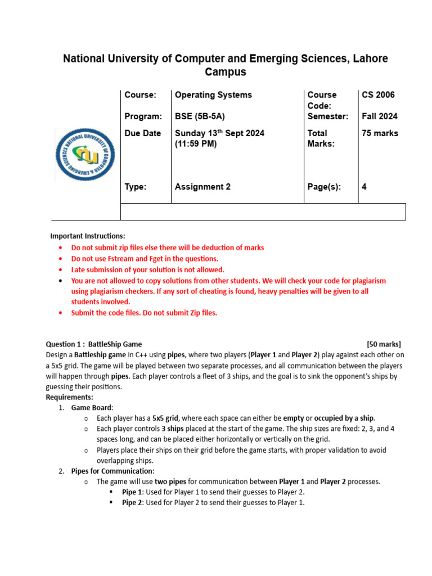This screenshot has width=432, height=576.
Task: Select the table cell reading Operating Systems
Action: pos(213,95)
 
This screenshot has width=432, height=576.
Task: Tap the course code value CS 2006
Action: pos(379,95)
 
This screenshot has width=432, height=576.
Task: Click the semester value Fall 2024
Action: pos(380,116)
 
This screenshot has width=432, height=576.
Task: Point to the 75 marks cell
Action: pos(380,133)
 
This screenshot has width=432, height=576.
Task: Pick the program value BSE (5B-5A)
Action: pos(200,116)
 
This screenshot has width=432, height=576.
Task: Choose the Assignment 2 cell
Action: pos(202,187)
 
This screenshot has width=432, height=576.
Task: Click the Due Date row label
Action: pos(142,133)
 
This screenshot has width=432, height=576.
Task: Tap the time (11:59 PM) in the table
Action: pos(195,143)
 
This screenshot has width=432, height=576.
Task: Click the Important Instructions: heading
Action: pos(88,236)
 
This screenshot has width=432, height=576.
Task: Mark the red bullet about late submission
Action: pos(147,269)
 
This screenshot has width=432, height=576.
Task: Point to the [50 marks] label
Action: pos(384,344)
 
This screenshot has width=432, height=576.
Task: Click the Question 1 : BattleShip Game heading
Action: pos(93,344)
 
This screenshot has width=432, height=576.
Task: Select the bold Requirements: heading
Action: pos(69,397)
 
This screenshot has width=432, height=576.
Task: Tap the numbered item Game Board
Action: pos(92,408)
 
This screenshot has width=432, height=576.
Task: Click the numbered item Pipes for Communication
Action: pos(112,471)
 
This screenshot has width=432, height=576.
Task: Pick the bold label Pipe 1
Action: pos(133,492)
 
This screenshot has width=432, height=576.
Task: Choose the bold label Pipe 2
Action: pos(133,503)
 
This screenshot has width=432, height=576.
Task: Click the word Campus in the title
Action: pos(225,73)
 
